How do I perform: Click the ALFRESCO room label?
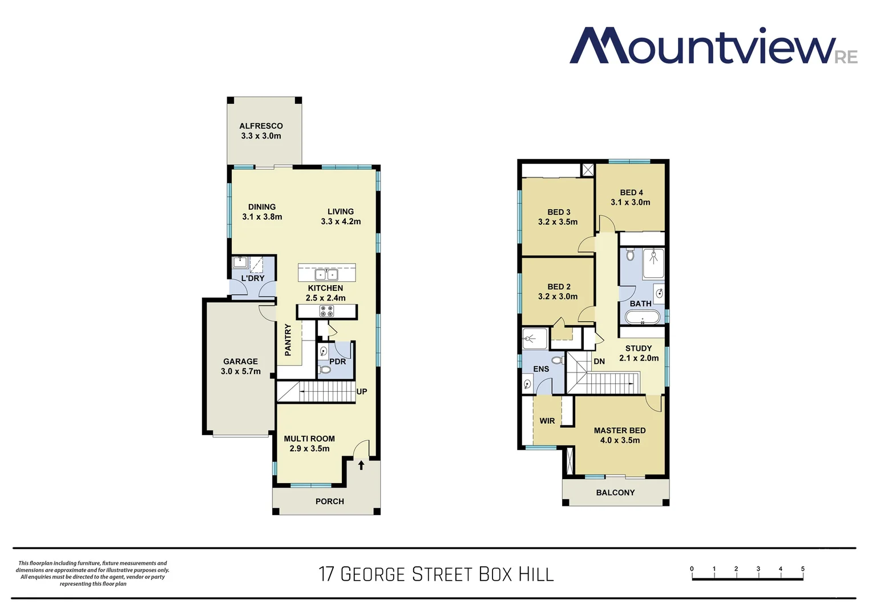point(261,126)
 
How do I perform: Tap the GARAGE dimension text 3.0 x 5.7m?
point(240,371)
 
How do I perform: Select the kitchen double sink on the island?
point(326,274)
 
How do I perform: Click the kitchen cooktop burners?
point(326,311)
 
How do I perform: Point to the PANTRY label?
point(288,340)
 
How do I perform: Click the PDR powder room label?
point(337,362)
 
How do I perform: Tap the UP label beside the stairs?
point(362,392)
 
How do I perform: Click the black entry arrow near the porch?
point(361,465)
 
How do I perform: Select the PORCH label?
point(330,501)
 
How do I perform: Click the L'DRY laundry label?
point(253,278)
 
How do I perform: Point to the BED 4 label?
point(631,193)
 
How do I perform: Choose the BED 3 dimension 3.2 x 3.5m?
point(558,222)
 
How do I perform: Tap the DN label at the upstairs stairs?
point(599,362)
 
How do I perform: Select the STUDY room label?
point(639,348)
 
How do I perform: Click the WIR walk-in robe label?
point(547,421)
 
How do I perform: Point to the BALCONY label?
point(615,493)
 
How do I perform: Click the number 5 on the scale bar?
point(802,569)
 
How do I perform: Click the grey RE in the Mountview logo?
point(846,58)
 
